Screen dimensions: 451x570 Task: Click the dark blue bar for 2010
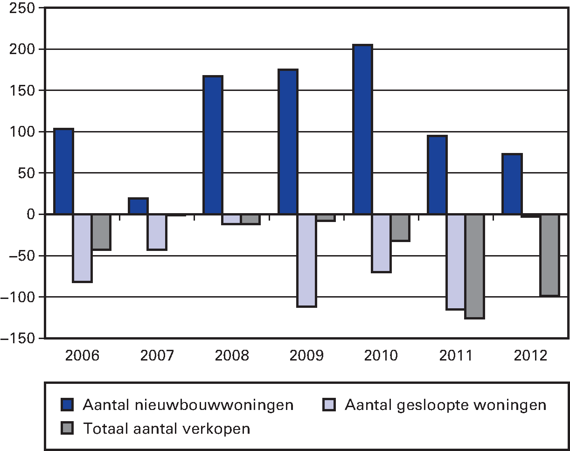pyautogui.click(x=362, y=130)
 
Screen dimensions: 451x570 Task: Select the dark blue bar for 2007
pyautogui.click(x=138, y=206)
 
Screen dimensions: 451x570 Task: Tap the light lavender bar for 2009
pyautogui.click(x=306, y=260)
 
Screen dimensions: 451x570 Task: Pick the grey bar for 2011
pyautogui.click(x=475, y=266)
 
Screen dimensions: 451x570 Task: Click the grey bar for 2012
pyautogui.click(x=549, y=255)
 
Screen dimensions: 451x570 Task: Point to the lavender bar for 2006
pyautogui.click(x=83, y=248)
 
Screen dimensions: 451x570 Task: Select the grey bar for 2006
pyautogui.click(x=101, y=232)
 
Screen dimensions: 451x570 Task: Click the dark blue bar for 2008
pyautogui.click(x=213, y=145)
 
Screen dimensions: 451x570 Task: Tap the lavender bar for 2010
pyautogui.click(x=381, y=243)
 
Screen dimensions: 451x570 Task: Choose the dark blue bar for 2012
pyautogui.click(x=512, y=184)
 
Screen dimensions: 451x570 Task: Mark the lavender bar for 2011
pyautogui.click(x=456, y=262)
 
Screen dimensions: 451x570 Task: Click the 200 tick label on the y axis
pyautogui.click(x=22, y=49)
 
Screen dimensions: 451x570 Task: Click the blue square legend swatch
pyautogui.click(x=68, y=405)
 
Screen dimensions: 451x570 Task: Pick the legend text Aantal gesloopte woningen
pyautogui.click(x=445, y=405)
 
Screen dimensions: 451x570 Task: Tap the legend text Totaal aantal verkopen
pyautogui.click(x=166, y=428)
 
